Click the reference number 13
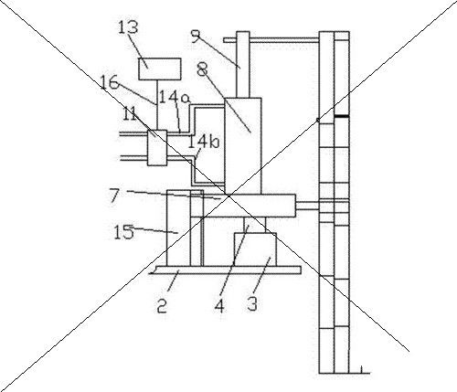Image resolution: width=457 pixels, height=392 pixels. click(x=128, y=26)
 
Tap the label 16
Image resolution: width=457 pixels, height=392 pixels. click(x=110, y=82)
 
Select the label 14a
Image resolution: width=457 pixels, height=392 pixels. click(x=175, y=98)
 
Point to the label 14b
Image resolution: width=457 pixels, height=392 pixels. click(x=203, y=142)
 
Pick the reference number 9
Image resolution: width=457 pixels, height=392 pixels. click(x=196, y=35)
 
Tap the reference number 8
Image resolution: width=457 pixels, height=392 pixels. click(x=202, y=69)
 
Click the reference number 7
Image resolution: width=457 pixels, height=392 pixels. click(x=114, y=196)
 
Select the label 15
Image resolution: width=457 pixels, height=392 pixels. click(x=123, y=232)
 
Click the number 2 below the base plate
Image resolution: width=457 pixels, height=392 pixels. click(x=162, y=306)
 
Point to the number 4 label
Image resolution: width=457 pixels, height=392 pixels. click(x=219, y=306)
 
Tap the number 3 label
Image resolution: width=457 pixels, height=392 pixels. click(x=252, y=303)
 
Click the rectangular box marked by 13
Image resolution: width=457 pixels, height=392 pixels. click(x=160, y=69)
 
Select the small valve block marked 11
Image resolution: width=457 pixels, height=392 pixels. click(x=157, y=148)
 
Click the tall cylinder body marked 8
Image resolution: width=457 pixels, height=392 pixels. click(x=243, y=146)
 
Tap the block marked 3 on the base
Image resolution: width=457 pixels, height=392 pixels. click(x=255, y=249)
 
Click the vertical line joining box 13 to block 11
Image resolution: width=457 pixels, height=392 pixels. click(x=157, y=105)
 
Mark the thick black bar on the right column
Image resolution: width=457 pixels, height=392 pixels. click(x=341, y=116)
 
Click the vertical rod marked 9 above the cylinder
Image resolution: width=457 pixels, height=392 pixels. click(x=243, y=64)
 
